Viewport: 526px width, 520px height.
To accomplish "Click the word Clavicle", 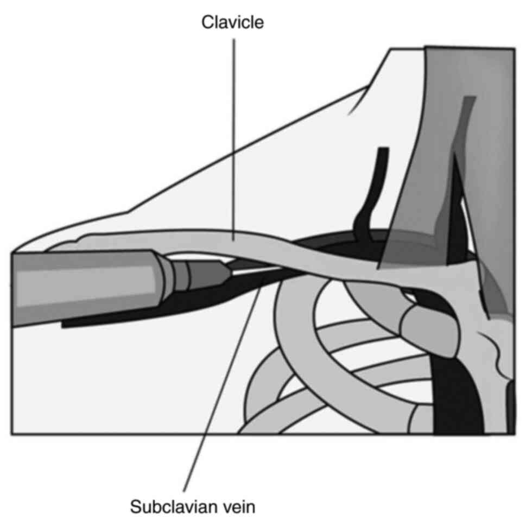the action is (x=233, y=22).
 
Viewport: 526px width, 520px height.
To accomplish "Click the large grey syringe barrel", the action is (x=81, y=288).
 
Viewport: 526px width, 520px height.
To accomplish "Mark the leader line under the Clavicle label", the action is (x=234, y=136).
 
